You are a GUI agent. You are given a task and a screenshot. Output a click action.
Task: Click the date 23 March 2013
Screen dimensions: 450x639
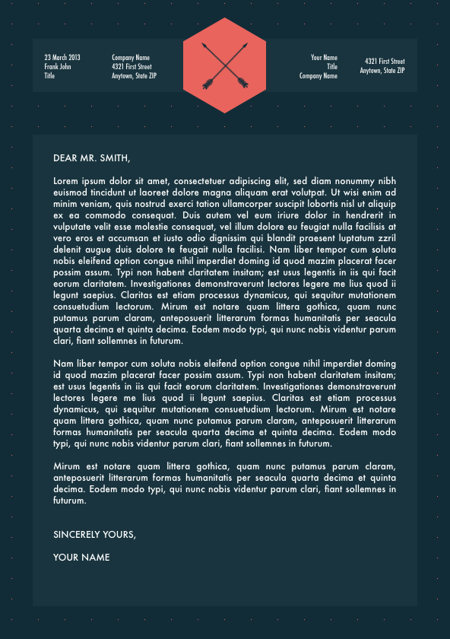(62, 58)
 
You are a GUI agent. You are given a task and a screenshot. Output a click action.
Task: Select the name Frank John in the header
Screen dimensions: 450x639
(58, 67)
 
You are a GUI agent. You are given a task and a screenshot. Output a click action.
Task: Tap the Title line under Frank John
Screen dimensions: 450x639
(49, 76)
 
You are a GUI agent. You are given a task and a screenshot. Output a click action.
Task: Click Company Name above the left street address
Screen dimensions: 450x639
(131, 58)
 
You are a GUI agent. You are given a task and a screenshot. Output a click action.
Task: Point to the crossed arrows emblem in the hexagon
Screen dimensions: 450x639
(225, 65)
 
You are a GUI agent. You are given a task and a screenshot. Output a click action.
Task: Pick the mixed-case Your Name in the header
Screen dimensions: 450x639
(324, 58)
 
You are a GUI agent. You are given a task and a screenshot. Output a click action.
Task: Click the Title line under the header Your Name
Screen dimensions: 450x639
(332, 67)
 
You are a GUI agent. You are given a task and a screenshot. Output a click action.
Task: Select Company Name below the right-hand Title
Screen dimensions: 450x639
(318, 76)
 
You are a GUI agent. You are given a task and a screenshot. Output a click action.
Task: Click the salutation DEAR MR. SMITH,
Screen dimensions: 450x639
(92, 159)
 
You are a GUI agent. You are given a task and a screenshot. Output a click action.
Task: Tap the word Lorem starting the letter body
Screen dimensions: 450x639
(66, 181)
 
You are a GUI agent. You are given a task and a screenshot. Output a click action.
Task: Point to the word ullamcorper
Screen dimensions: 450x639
(272, 204)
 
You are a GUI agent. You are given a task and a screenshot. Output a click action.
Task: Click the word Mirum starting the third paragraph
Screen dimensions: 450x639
(67, 466)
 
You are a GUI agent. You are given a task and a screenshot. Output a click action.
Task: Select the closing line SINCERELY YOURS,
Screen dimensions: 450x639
(94, 535)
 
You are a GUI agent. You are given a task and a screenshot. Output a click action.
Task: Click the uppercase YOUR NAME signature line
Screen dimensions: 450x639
(81, 558)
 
